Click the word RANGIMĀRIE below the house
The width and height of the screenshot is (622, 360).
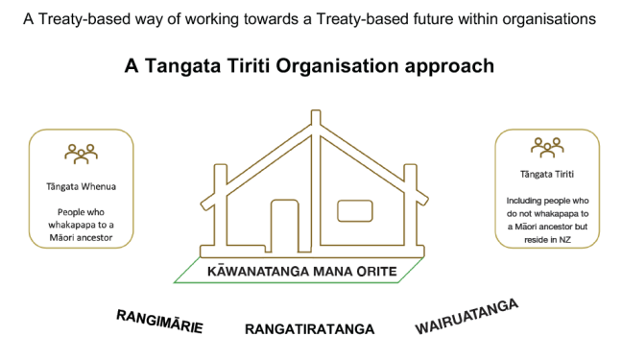click(158, 322)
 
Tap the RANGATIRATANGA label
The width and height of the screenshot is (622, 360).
click(309, 329)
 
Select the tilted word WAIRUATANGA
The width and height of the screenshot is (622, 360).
click(466, 317)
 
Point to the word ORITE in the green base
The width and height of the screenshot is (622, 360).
click(382, 272)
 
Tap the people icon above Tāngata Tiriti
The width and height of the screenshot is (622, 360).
click(547, 146)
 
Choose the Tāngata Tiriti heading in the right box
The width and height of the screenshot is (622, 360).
click(546, 175)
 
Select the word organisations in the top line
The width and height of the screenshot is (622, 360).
click(553, 17)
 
